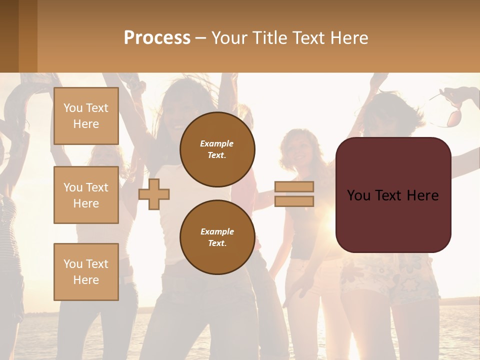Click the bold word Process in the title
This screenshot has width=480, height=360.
[x=157, y=38]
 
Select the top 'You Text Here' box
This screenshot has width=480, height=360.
[x=86, y=116]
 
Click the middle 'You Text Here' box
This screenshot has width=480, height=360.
[x=86, y=195]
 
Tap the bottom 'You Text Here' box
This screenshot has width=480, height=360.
[x=86, y=271]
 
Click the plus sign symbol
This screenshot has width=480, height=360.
[x=154, y=194]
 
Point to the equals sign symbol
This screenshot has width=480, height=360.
[x=294, y=194]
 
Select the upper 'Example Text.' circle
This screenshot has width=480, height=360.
[x=217, y=149]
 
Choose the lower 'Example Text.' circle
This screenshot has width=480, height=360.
[x=217, y=237]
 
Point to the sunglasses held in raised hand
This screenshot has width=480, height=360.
[x=452, y=117]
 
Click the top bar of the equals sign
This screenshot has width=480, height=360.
[x=294, y=187]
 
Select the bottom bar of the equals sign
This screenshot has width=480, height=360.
[x=294, y=201]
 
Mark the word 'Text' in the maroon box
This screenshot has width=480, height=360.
[x=392, y=195]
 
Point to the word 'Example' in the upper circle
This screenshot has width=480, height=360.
[x=217, y=143]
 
